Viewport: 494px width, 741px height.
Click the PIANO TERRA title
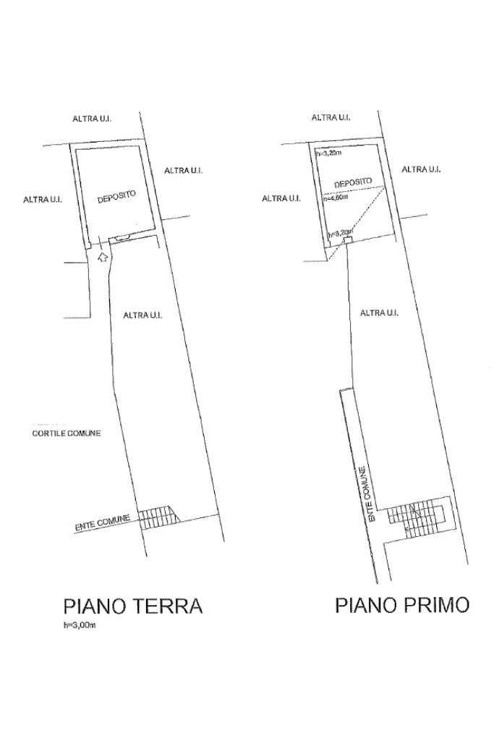[133, 606]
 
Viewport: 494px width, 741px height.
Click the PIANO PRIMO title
[402, 605]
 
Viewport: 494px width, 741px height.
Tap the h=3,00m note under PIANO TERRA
[80, 626]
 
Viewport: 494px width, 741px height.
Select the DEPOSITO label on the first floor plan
[353, 183]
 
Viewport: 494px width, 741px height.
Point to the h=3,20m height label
[328, 153]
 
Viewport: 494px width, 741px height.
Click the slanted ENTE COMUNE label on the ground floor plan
[103, 522]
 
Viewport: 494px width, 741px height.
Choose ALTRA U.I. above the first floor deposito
[331, 117]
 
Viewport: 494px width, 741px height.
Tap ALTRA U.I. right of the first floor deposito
[421, 169]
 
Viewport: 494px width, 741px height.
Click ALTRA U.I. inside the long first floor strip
[379, 313]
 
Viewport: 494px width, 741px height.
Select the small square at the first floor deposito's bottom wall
[347, 240]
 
